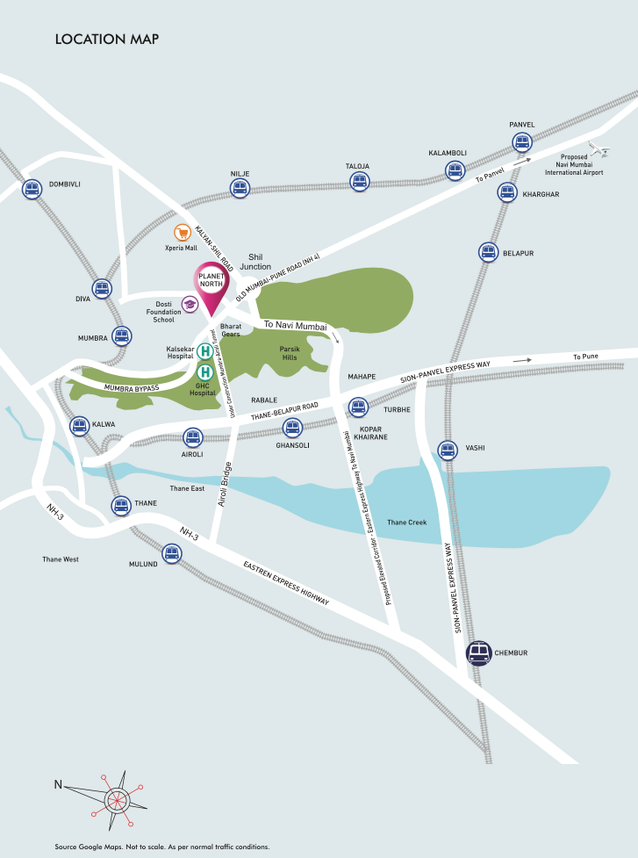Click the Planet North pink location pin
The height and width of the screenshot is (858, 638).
coord(211,285)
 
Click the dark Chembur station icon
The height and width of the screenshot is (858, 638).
coord(478,653)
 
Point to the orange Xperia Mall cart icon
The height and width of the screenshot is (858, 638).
coord(183,233)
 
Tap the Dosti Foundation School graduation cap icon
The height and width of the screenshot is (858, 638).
coord(190,305)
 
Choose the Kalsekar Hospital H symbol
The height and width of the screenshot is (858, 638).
coord(204,351)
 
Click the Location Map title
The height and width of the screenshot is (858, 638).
coord(106,40)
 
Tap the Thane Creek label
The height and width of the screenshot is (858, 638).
coord(407,523)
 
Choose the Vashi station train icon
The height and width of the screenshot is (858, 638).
coord(448,450)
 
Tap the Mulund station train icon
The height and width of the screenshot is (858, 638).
coord(171,553)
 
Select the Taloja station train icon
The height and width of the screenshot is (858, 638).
coord(358,181)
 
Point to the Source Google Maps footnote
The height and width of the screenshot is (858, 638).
coord(161,847)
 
